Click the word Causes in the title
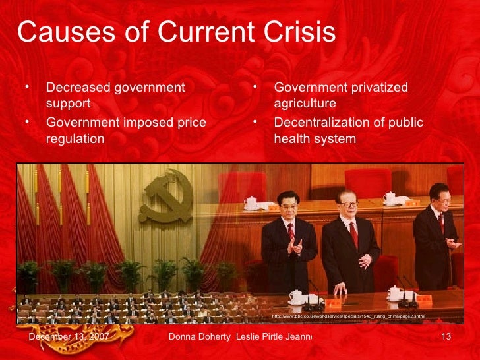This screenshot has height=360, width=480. [x=55, y=32]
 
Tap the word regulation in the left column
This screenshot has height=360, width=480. [x=75, y=139]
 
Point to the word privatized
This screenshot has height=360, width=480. [x=376, y=88]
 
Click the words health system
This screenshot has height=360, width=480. [x=315, y=139]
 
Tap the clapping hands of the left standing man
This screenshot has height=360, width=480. [x=297, y=247]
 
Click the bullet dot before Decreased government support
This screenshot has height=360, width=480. [x=28, y=88]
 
